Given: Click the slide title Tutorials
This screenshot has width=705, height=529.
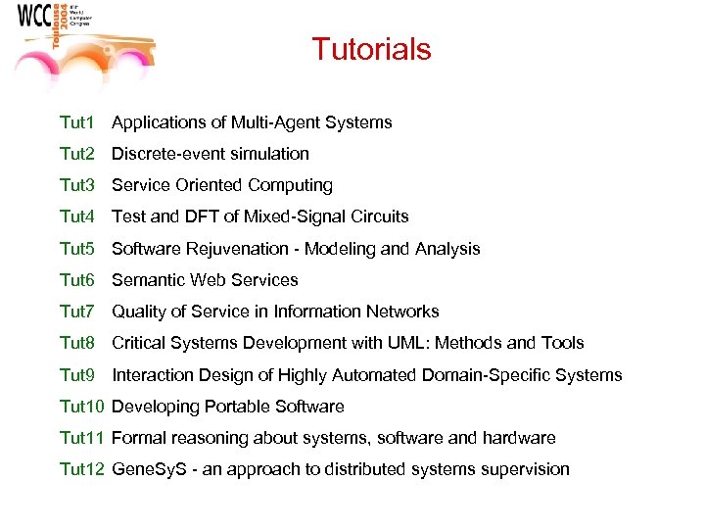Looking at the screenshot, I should pos(371,49).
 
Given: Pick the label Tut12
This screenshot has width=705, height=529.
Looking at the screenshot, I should pos(81,469).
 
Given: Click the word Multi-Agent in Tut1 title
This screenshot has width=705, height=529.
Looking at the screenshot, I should pos(274,122).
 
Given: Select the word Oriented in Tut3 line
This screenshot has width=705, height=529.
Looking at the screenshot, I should pos(210,185).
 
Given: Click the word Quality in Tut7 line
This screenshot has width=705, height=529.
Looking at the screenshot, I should pos(139,312).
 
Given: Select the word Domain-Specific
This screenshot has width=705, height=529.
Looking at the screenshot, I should pos(489,375).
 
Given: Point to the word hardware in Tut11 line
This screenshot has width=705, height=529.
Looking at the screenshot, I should pos(520,438).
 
